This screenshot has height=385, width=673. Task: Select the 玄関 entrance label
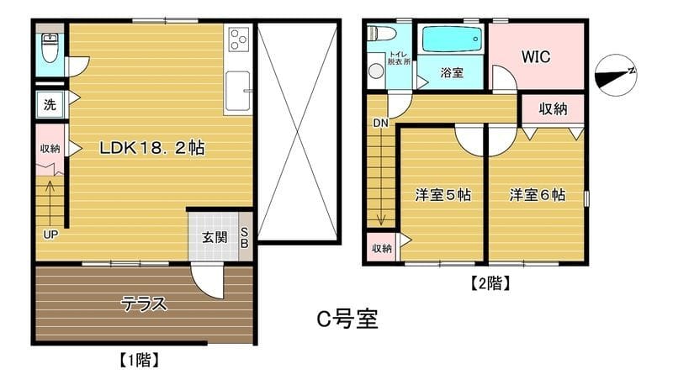click(x=214, y=237)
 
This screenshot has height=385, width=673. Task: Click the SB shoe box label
click(x=245, y=237)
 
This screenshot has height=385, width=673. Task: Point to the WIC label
click(x=535, y=57)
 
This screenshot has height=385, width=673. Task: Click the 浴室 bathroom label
click(x=452, y=73)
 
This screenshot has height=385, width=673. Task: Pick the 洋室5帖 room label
click(x=442, y=195)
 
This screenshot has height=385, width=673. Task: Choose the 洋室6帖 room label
click(x=537, y=195)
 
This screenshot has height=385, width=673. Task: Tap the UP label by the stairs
click(x=50, y=235)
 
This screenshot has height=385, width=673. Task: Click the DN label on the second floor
click(x=380, y=123)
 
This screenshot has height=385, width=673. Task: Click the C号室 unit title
click(x=347, y=319)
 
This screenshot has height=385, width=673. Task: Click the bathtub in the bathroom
click(x=451, y=40)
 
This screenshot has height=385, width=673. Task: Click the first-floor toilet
click(x=50, y=48)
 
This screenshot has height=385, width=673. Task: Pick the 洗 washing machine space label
click(x=50, y=106)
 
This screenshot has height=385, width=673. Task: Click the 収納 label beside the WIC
click(x=553, y=108)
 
